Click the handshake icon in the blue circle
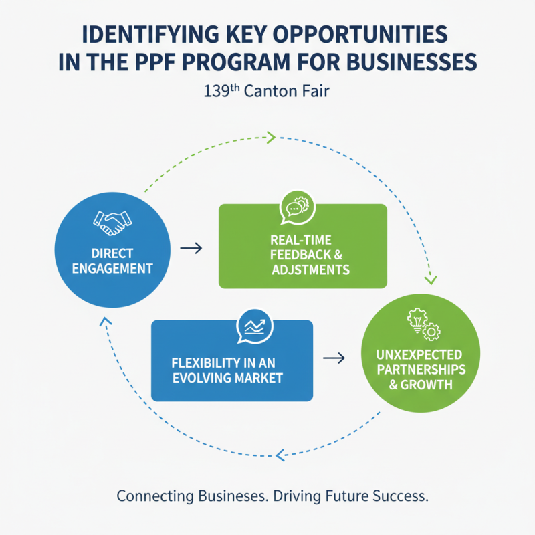pos(111,223)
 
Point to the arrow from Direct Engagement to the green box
pos(192,248)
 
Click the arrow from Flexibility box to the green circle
pos(334,359)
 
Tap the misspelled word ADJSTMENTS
pos(310,270)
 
